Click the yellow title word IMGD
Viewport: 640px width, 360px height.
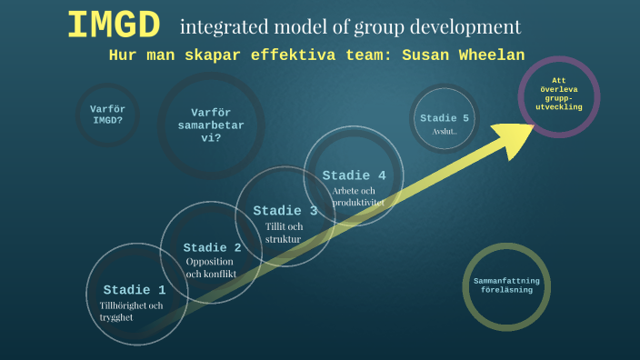pyautogui.click(x=114, y=25)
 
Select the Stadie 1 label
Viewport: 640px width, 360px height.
pyautogui.click(x=135, y=290)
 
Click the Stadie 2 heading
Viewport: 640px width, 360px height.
pyautogui.click(x=212, y=247)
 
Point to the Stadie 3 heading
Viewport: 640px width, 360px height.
pyautogui.click(x=285, y=211)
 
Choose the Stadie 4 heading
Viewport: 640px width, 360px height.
pyautogui.click(x=354, y=175)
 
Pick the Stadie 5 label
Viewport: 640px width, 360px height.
pyautogui.click(x=445, y=118)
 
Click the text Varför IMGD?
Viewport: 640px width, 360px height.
pyautogui.click(x=106, y=114)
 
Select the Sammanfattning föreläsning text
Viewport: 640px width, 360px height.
pyautogui.click(x=506, y=285)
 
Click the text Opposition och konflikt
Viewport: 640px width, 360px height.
pyautogui.click(x=211, y=267)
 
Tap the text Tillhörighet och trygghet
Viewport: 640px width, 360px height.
pyautogui.click(x=132, y=311)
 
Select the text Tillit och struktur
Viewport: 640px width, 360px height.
pyautogui.click(x=283, y=232)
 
